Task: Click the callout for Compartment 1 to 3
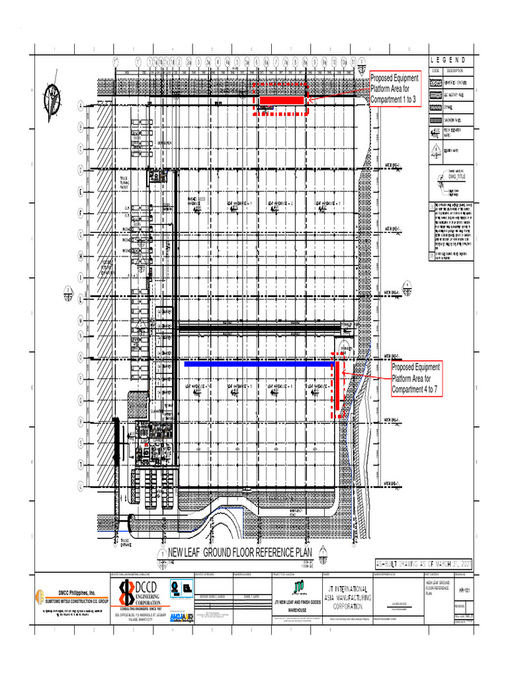pos(395,89)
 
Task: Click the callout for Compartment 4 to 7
pos(417,379)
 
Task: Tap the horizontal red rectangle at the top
pos(281,100)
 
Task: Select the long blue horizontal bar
pos(258,363)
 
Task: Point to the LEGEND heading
pos(452,61)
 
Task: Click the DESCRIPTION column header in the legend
pos(456,71)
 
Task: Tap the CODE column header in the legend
pos(436,71)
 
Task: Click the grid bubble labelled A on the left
pos(81,105)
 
